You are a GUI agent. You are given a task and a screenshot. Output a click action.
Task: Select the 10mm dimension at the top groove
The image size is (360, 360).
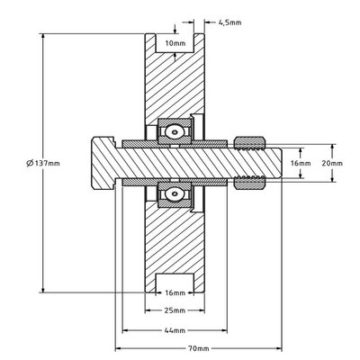pos(175,42)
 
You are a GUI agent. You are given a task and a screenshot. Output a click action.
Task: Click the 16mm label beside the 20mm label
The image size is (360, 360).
pos(301,163)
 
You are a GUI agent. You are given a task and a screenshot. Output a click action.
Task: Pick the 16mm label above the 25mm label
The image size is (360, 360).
pos(175,293)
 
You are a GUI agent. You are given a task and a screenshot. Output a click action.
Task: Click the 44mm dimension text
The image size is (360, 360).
pos(175,330)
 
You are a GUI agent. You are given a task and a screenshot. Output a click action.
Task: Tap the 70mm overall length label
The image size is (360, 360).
pos(197,347)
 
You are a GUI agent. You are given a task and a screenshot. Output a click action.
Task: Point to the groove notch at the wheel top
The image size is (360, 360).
pos(175,45)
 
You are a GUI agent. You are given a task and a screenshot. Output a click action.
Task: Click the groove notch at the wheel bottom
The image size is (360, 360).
pos(175,281)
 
